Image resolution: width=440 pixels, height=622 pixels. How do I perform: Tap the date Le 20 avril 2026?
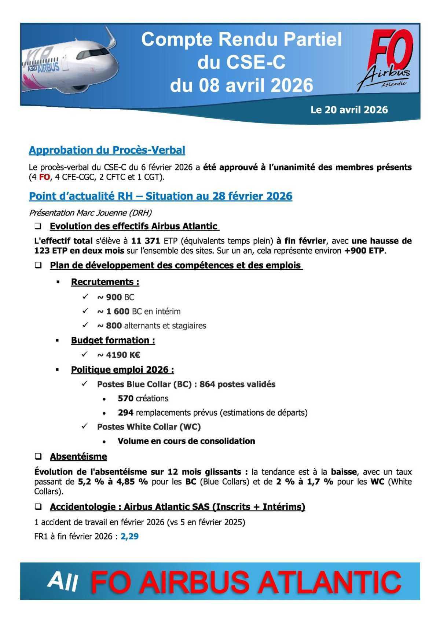pyautogui.click(x=349, y=110)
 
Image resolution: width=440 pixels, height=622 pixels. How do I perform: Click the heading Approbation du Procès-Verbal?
pyautogui.click(x=107, y=150)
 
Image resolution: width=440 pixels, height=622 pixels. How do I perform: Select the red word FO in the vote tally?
pyautogui.click(x=44, y=177)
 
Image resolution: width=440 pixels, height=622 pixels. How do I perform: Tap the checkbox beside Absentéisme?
pyautogui.click(x=38, y=457)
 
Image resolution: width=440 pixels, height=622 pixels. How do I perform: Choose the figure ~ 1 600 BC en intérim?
pyautogui.click(x=139, y=311)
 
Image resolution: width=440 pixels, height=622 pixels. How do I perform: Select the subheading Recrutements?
pyautogui.click(x=105, y=282)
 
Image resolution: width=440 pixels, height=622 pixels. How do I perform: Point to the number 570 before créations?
pyautogui.click(x=125, y=398)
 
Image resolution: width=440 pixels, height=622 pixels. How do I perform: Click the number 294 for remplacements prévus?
pyautogui.click(x=125, y=413)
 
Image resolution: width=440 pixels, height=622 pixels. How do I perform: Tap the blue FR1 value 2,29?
pyautogui.click(x=129, y=536)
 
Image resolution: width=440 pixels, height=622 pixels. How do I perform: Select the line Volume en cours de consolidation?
pyautogui.click(x=186, y=441)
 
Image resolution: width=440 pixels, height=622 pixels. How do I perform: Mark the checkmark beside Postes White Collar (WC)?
pyautogui.click(x=85, y=426)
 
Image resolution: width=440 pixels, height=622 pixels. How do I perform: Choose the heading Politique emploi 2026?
pyautogui.click(x=122, y=369)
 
